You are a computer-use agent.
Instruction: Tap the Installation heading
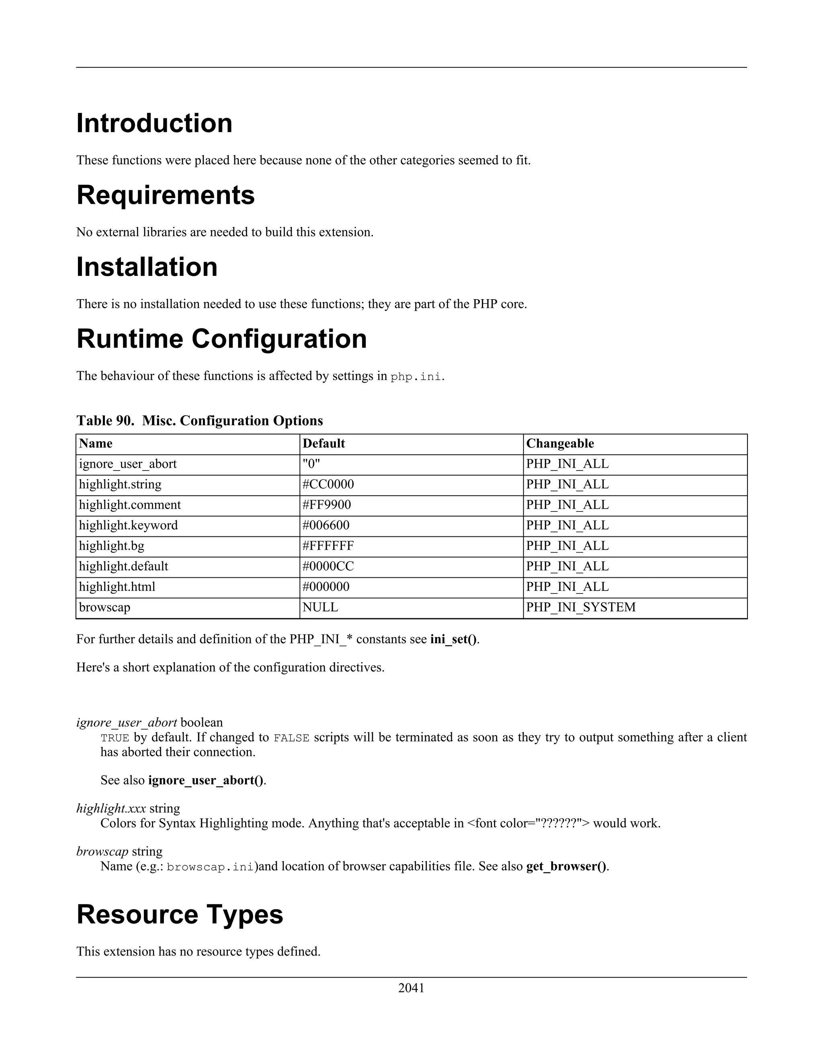147,267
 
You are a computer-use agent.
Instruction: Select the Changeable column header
560,443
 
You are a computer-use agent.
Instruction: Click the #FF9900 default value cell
326,505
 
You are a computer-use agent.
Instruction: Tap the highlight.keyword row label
128,525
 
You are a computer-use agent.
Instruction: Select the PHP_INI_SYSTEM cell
581,607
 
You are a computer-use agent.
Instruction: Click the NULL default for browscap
320,607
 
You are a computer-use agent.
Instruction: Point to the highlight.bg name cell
112,546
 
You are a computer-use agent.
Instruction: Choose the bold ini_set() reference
453,639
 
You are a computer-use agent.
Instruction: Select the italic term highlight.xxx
111,809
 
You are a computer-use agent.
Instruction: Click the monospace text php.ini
416,377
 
